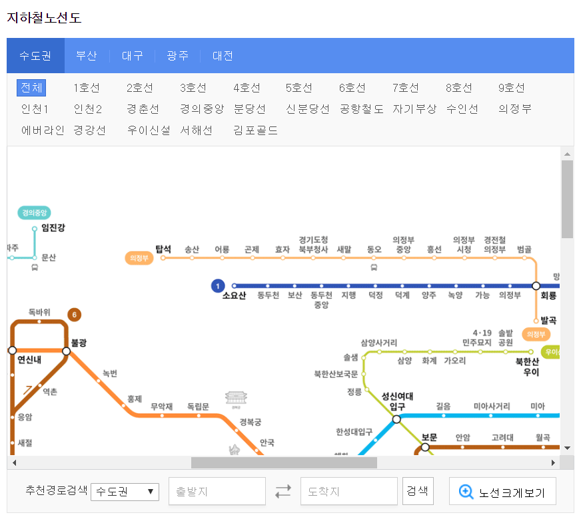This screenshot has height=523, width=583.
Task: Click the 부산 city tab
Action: pyautogui.click(x=87, y=56)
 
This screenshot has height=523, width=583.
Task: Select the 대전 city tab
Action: pyautogui.click(x=223, y=56)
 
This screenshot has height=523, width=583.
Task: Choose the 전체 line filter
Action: pyautogui.click(x=31, y=88)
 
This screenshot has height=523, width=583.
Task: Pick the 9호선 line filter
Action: pyautogui.click(x=512, y=88)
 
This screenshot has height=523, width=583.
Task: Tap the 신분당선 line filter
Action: pyautogui.click(x=307, y=109)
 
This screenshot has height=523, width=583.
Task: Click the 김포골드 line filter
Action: pyautogui.click(x=255, y=130)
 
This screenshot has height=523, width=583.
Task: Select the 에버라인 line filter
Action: pyautogui.click(x=43, y=130)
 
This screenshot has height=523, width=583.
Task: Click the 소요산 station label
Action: pyautogui.click(x=234, y=296)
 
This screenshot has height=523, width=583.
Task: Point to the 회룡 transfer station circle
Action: pyautogui.click(x=536, y=285)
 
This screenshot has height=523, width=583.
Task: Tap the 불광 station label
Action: pyautogui.click(x=79, y=343)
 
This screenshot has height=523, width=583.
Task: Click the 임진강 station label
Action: pyautogui.click(x=53, y=228)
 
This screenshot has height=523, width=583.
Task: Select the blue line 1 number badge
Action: pyautogui.click(x=217, y=286)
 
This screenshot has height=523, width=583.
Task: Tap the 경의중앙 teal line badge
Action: pyautogui.click(x=35, y=213)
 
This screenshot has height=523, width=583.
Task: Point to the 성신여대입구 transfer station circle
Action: pyautogui.click(x=396, y=419)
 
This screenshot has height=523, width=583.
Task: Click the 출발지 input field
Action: pyautogui.click(x=217, y=492)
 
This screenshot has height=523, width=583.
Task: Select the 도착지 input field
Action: pyautogui.click(x=349, y=492)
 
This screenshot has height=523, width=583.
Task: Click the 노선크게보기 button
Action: pyautogui.click(x=502, y=492)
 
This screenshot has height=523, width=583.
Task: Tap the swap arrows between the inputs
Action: pyautogui.click(x=283, y=492)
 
